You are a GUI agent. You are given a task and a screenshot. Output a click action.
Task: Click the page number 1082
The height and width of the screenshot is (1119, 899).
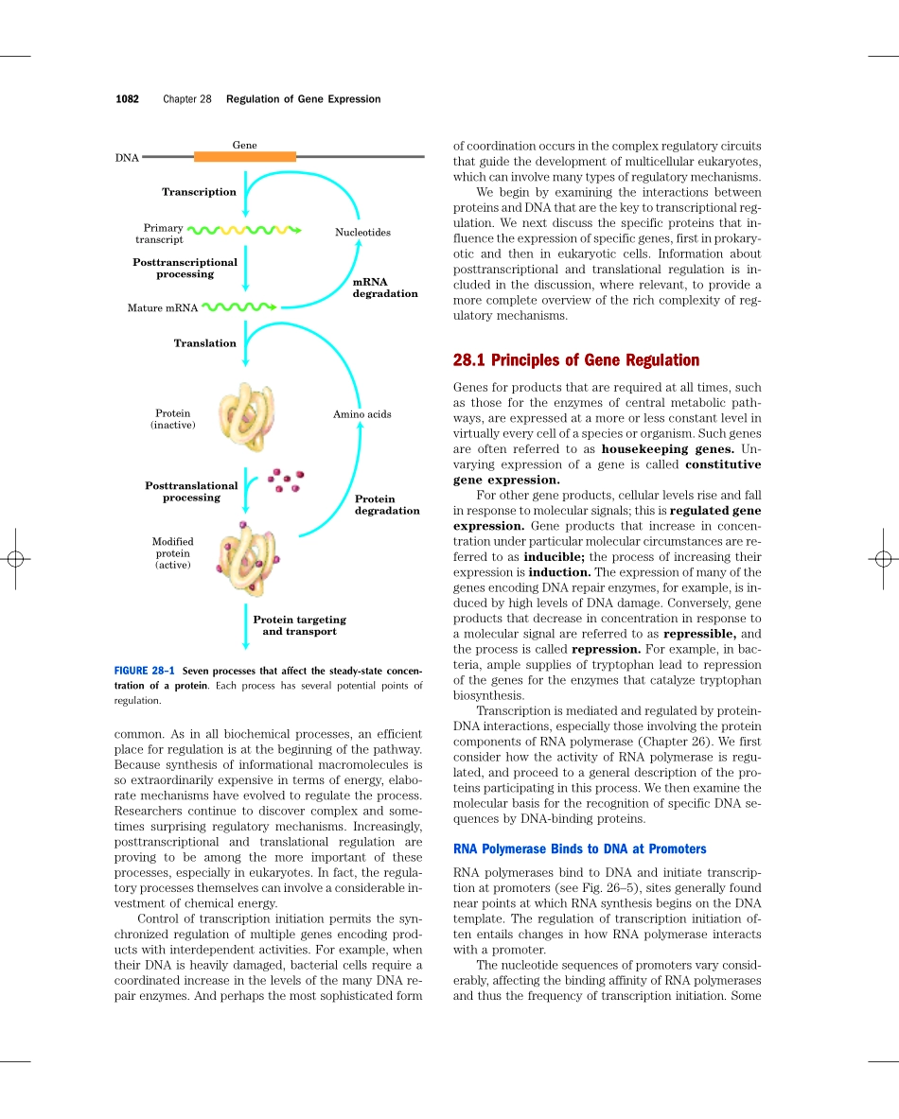127,99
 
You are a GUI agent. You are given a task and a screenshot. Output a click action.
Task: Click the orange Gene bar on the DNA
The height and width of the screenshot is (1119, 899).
245,157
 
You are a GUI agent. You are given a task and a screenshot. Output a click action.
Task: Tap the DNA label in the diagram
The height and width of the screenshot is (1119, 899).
127,158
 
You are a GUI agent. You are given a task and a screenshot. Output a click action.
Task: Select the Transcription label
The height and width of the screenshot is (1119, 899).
199,192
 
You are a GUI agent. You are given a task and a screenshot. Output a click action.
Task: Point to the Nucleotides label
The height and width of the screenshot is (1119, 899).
362,233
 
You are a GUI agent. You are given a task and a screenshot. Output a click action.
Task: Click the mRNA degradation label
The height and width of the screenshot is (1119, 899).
384,288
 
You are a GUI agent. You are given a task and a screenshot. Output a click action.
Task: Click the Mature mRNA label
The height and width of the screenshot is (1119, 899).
163,308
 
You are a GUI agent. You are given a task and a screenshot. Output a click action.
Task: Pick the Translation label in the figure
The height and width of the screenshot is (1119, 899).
204,343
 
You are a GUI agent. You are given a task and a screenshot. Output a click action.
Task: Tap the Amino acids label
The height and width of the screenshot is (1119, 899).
361,414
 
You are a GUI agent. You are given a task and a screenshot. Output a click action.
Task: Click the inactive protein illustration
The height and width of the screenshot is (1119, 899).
246,417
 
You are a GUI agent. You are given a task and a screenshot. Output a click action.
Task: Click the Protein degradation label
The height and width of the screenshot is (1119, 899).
386,504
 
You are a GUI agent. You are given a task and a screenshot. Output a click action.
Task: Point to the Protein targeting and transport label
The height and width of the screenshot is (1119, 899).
299,625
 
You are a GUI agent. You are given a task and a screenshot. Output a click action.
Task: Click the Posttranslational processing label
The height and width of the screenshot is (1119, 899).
191,491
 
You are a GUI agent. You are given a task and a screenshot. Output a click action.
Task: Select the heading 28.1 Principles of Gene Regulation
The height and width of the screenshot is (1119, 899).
576,360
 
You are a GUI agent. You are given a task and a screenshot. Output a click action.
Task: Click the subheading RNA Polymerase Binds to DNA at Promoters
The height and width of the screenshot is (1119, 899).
580,848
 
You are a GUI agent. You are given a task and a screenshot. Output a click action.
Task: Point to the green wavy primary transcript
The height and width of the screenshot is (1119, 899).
244,230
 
